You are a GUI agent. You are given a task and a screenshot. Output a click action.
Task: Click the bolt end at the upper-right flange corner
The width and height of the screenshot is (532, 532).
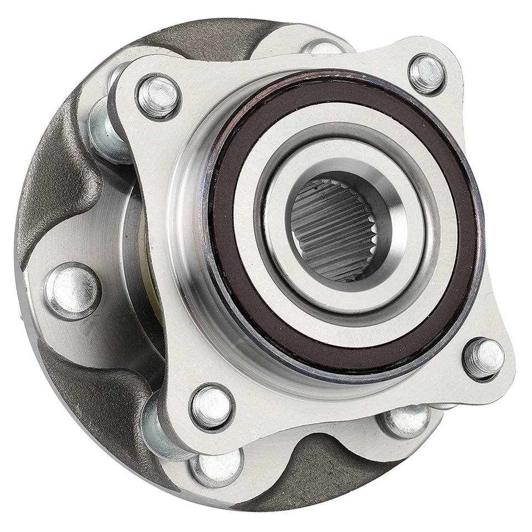427,73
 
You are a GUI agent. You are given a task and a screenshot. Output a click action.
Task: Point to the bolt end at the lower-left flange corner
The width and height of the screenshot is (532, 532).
211,407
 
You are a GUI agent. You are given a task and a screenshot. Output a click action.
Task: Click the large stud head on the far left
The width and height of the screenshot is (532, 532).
73,290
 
